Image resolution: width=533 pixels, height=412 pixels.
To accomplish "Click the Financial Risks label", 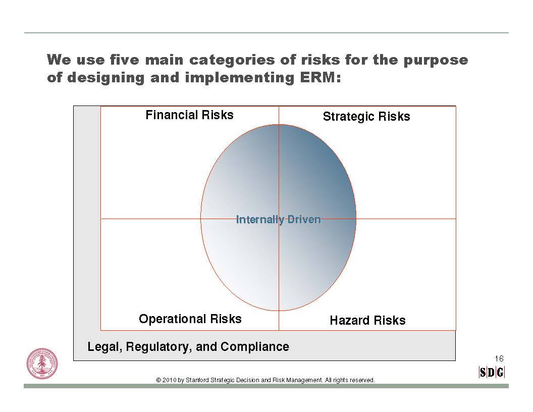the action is [189, 115].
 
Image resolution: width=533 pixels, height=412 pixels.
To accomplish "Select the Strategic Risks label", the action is [366, 117].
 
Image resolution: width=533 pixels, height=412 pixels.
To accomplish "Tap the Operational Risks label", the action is [190, 319].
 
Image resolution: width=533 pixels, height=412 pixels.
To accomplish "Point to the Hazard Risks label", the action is [367, 320].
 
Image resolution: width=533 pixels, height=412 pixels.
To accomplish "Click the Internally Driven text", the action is [279, 220].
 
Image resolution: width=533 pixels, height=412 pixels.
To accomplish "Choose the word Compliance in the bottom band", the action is [254, 347].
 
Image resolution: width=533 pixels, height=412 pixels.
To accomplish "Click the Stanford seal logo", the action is [42, 364].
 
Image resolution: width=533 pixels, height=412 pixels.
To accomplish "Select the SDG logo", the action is [492, 372].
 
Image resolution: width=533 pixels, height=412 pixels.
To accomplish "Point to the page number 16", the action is [499, 358].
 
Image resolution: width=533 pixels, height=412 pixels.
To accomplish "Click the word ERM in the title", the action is [320, 78].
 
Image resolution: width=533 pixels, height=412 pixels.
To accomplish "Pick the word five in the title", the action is [124, 60].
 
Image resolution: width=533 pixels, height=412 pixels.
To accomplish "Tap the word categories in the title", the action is [232, 60].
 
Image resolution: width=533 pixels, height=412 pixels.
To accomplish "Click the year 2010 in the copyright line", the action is [169, 380].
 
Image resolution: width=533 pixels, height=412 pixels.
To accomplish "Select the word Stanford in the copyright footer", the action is [197, 380].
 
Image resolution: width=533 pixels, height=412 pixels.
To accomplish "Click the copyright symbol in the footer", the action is [158, 380].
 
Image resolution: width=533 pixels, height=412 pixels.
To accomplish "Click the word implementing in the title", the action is [239, 78].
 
